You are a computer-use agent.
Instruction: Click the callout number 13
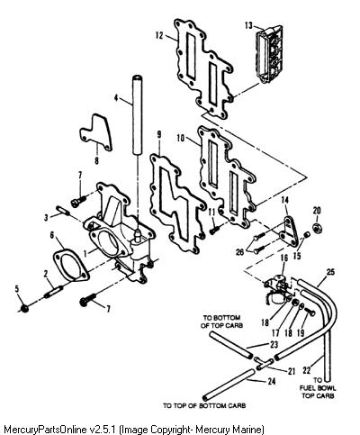(248, 25)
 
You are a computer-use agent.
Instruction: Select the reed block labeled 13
(269, 54)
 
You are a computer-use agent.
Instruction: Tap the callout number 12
(159, 35)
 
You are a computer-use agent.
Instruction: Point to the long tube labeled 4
(138, 115)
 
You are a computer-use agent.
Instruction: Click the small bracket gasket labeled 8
(96, 132)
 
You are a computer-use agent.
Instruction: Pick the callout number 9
(158, 135)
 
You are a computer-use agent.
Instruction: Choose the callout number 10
(181, 138)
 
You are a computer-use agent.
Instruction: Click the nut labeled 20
(317, 228)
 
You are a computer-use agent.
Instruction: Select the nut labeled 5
(25, 307)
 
